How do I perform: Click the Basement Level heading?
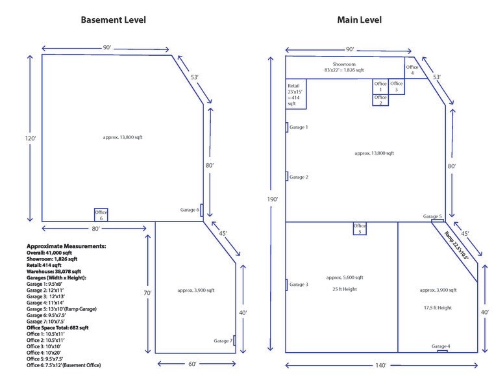113,19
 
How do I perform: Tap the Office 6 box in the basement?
101,215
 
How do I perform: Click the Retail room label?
295,94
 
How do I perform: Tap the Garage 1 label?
299,127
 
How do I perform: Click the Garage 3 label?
299,285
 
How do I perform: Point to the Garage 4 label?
441,346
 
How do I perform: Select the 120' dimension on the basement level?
30,138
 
